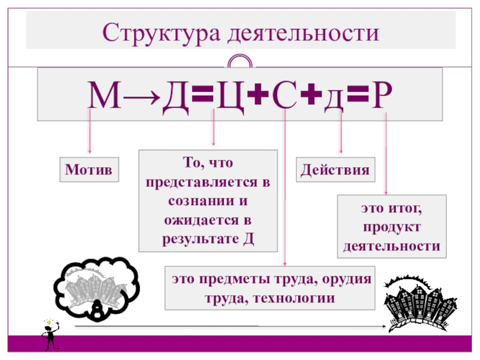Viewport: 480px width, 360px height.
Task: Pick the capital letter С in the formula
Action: point(285,96)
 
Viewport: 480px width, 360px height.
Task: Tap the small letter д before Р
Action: point(335,98)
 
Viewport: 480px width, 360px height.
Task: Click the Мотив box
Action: point(89,169)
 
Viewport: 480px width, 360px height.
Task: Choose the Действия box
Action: point(335,169)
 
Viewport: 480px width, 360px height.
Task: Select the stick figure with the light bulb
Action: point(49,334)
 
